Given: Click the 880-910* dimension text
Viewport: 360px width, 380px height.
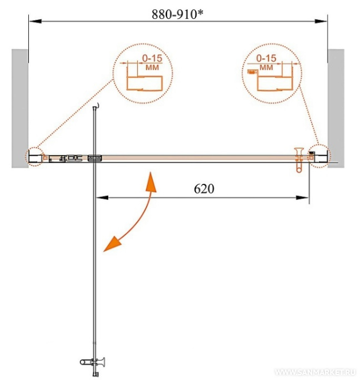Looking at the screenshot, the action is point(177,14).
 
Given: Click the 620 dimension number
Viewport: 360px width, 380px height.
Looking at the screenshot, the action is point(204,189).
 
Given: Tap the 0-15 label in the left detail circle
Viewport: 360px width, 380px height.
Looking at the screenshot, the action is point(152,58).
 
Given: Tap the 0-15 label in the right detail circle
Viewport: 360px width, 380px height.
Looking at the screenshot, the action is point(266,58).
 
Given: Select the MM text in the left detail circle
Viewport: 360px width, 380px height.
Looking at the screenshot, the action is point(152,67).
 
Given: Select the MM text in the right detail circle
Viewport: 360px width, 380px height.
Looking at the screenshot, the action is point(266,67).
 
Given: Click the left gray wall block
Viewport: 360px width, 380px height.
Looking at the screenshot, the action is point(20,108).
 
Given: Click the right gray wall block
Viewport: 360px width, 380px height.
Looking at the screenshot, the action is point(336,108).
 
